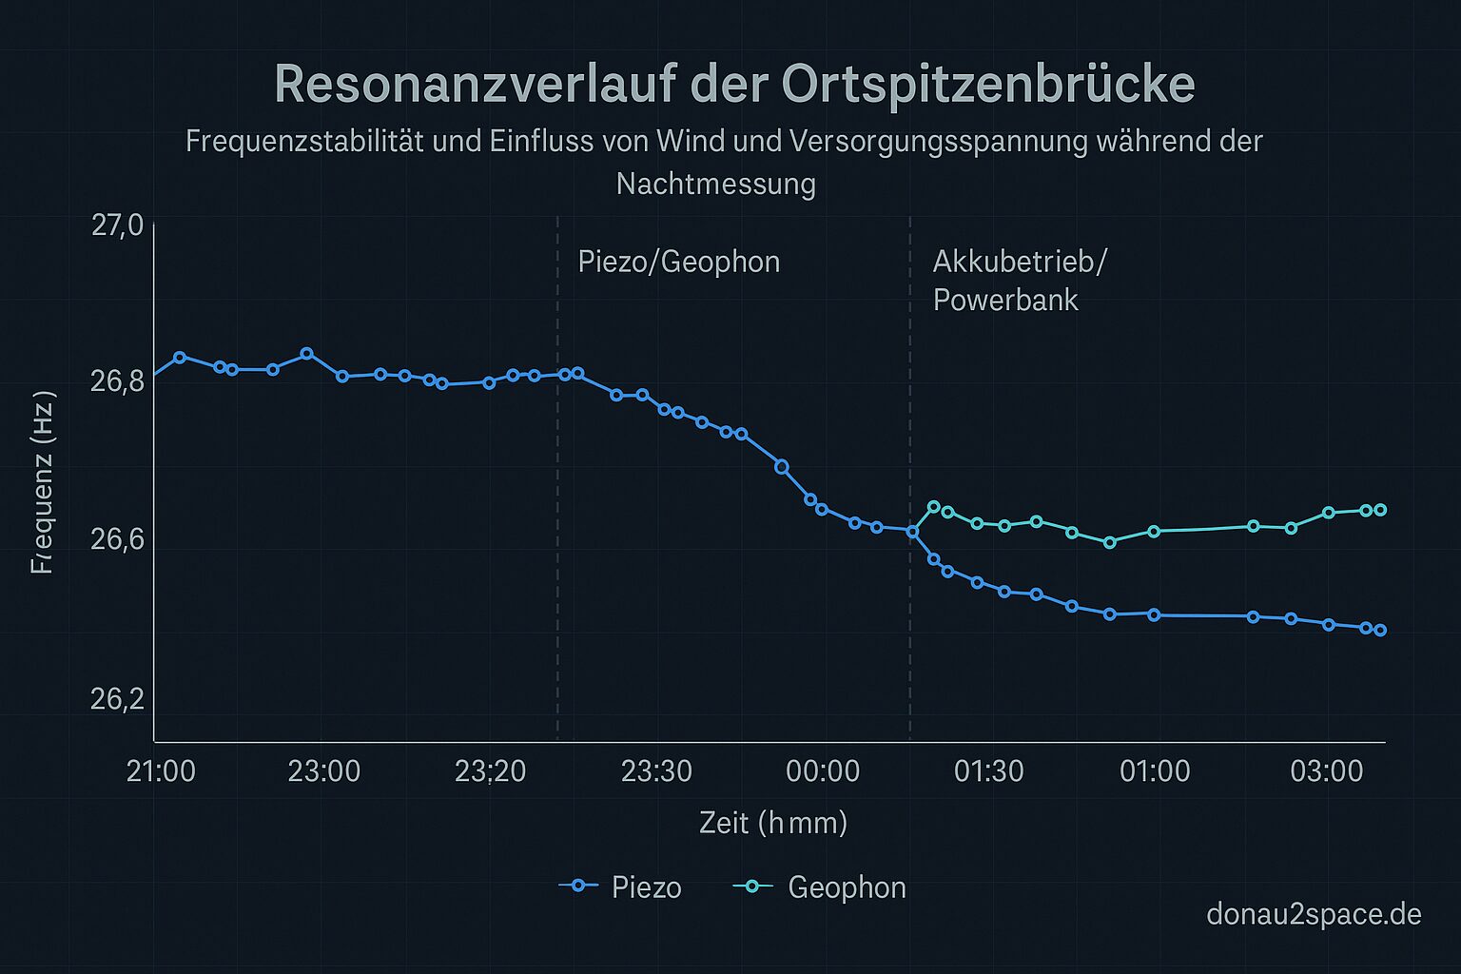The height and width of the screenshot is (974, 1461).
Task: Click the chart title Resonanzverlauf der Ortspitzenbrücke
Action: click(733, 84)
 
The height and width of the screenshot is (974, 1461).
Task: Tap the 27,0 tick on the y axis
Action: click(117, 225)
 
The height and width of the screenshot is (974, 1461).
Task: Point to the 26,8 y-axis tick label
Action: click(117, 381)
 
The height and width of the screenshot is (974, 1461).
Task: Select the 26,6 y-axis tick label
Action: click(117, 539)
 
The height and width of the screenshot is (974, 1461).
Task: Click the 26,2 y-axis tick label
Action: click(117, 699)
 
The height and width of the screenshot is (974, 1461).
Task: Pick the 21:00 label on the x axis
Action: click(161, 770)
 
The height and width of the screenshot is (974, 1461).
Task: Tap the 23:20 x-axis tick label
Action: click(490, 770)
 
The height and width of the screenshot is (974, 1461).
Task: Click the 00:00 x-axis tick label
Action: click(823, 770)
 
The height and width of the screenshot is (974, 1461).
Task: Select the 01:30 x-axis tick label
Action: click(989, 770)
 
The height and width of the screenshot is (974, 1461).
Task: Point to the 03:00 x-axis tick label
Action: click(1327, 770)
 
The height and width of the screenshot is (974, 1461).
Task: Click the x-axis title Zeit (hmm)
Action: click(772, 822)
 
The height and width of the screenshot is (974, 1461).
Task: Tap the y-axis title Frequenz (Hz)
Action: click(44, 482)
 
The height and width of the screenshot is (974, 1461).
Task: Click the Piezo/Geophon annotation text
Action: click(678, 262)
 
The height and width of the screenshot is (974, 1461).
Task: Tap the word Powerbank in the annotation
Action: click(1005, 300)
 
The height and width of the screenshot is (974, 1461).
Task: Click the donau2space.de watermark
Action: click(1314, 914)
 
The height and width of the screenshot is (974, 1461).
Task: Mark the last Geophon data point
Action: click(1380, 510)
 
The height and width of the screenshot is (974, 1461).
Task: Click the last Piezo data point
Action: click(1380, 630)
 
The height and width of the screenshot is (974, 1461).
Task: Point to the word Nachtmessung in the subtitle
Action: click(715, 183)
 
